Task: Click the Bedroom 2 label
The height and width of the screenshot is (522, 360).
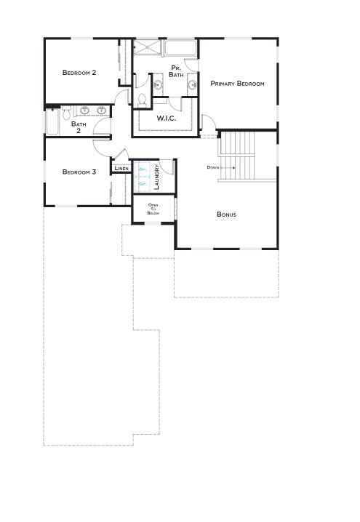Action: click(79, 72)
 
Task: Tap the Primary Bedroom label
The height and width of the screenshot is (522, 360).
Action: click(236, 84)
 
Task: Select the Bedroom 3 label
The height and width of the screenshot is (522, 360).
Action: click(79, 172)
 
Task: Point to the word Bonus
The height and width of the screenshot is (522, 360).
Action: click(226, 214)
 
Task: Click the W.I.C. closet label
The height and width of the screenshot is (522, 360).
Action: click(167, 118)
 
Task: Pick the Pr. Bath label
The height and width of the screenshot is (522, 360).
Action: click(176, 71)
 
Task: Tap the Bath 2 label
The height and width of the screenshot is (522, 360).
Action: click(79, 127)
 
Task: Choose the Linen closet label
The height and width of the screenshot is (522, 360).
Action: click(121, 169)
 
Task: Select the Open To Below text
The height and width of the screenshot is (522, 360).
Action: click(153, 209)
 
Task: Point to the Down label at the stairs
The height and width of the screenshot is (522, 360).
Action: click(212, 167)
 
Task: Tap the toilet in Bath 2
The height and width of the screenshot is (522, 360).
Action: click(66, 113)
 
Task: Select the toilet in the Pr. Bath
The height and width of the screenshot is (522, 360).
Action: click(143, 99)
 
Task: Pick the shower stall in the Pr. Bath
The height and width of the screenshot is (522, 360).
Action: click(148, 49)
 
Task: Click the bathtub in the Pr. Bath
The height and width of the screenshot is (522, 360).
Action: click(180, 49)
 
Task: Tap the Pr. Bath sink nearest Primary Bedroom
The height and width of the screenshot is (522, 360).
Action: click(193, 86)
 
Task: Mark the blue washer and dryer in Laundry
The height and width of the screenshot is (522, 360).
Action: click(143, 177)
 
